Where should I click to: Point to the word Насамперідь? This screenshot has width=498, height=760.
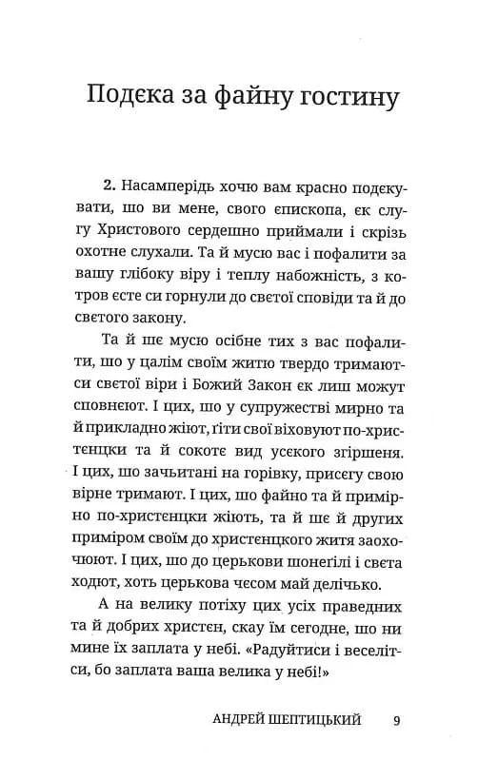click(x=196, y=185)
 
